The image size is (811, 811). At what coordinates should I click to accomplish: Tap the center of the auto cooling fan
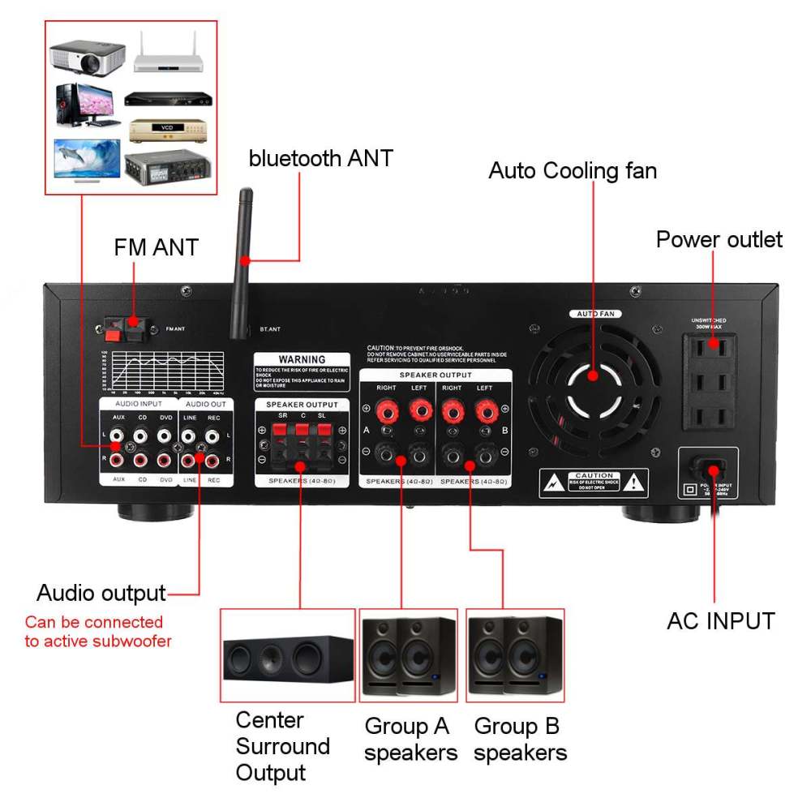(592, 375)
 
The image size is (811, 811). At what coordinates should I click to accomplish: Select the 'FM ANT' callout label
(156, 247)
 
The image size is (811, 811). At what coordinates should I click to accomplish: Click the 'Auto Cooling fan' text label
(573, 171)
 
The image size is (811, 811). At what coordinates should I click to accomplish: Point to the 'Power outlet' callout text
(719, 239)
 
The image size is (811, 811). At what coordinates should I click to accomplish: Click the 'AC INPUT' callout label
(720, 621)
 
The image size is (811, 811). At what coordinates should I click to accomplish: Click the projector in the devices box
(86, 56)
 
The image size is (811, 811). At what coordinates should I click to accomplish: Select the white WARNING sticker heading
(302, 358)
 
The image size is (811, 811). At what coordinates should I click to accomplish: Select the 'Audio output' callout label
(101, 593)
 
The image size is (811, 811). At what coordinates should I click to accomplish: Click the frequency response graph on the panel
(165, 371)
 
